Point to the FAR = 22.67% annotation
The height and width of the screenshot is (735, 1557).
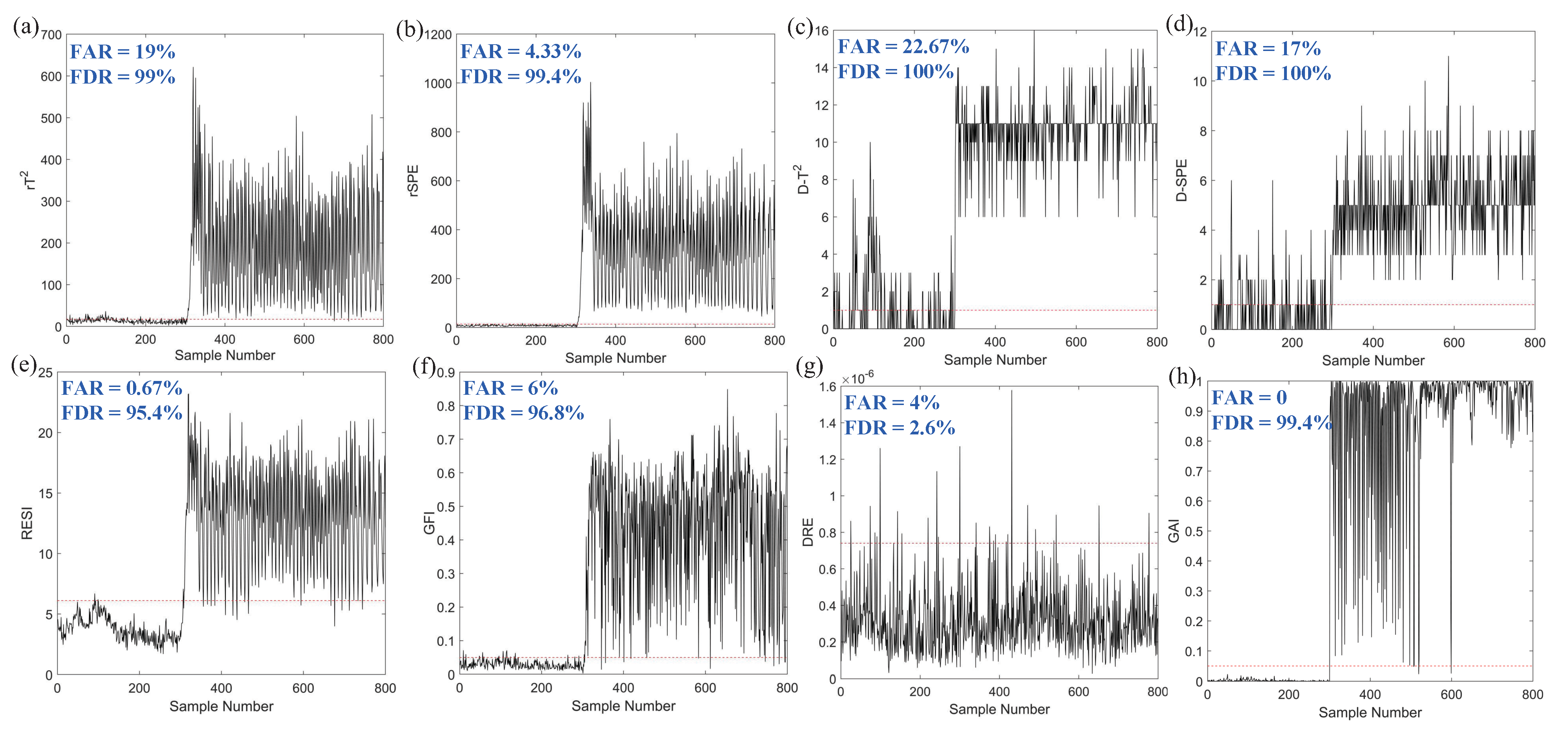(x=903, y=46)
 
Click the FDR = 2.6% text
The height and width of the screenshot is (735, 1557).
(x=899, y=428)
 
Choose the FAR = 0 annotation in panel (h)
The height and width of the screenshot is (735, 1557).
(x=1249, y=398)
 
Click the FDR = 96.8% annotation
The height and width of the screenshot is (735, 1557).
(x=524, y=413)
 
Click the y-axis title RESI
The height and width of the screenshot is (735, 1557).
(x=27, y=523)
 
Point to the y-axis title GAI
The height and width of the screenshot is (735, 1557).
(x=1174, y=531)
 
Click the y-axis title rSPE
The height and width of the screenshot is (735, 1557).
(x=414, y=180)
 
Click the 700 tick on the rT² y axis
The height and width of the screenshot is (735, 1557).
(x=51, y=35)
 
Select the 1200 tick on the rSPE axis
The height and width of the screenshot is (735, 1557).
(x=438, y=35)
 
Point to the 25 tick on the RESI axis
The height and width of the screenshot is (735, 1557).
(x=45, y=373)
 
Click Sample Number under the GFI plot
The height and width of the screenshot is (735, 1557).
(x=623, y=706)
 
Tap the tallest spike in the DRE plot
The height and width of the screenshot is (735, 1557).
(x=1011, y=392)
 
